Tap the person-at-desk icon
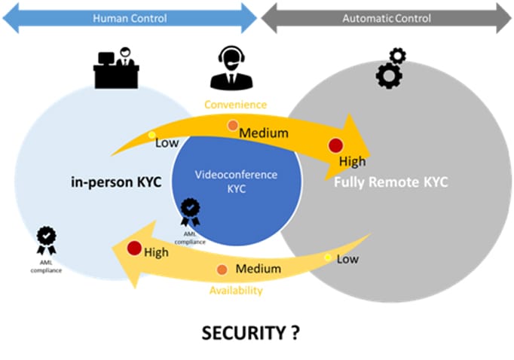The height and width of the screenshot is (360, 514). click(116, 67)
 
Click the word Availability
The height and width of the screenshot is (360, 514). click(237, 290)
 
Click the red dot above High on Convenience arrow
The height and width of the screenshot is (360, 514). click(336, 145)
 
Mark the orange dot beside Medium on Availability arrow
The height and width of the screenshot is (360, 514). click(222, 270)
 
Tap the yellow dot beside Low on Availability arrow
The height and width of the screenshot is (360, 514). click(328, 258)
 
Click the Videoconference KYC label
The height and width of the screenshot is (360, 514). click(236, 182)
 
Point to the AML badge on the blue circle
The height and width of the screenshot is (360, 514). click(190, 212)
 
